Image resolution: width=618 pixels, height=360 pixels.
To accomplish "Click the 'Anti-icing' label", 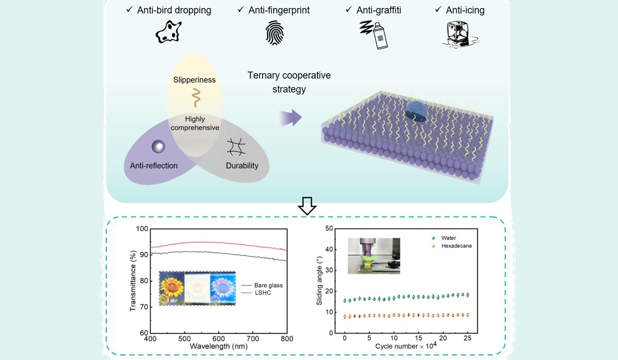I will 464,10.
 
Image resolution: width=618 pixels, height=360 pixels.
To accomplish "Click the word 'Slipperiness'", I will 195,80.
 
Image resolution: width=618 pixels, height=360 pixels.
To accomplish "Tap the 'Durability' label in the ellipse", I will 242,166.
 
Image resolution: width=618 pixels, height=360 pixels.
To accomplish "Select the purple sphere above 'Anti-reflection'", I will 158,146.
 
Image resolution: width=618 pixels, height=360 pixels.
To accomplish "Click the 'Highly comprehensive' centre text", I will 195,123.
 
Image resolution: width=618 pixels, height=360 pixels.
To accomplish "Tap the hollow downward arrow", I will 307,205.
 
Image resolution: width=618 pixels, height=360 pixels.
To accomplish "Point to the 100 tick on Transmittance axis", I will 143,229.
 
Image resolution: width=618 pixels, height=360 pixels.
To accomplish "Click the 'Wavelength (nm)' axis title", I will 219,346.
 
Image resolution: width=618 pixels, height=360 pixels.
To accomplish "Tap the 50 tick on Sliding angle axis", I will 329,229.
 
